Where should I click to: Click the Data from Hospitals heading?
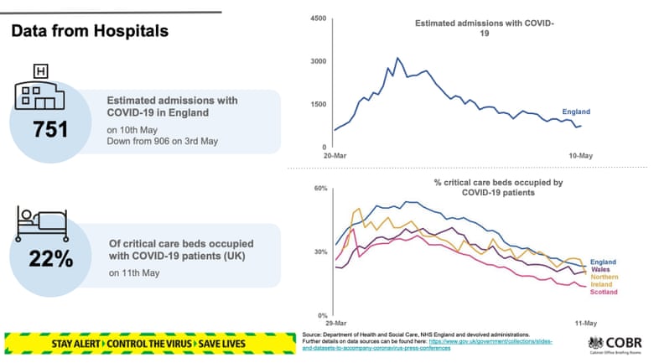[x=89, y=31]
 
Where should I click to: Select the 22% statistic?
[x=51, y=259]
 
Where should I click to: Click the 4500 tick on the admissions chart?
[x=317, y=18]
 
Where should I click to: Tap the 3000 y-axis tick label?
[x=317, y=61]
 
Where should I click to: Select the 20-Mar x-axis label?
[x=334, y=156]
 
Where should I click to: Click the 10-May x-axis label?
[x=582, y=156]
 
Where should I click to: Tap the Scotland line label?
[x=604, y=293]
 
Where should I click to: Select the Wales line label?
[x=600, y=269]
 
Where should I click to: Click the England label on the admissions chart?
[x=576, y=111]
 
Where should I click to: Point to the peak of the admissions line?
[x=397, y=58]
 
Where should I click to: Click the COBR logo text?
[x=622, y=342]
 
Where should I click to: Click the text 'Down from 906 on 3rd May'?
[x=162, y=141]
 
